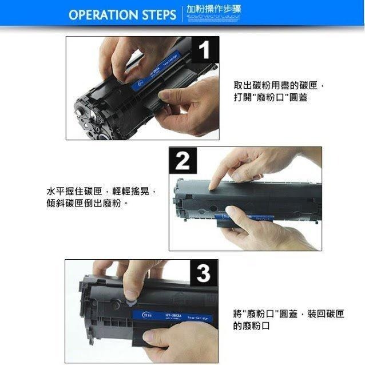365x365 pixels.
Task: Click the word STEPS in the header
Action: pyautogui.click(x=156, y=15)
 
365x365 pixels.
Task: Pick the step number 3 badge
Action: pyautogui.click(x=203, y=273)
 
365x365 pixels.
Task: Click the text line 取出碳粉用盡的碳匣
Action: pyautogui.click(x=279, y=85)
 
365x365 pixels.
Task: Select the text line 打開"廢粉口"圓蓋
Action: pyautogui.click(x=271, y=98)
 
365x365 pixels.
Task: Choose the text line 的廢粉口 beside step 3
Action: pyautogui.click(x=252, y=326)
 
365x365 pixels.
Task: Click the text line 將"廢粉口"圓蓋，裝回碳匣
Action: pyautogui.click(x=288, y=314)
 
